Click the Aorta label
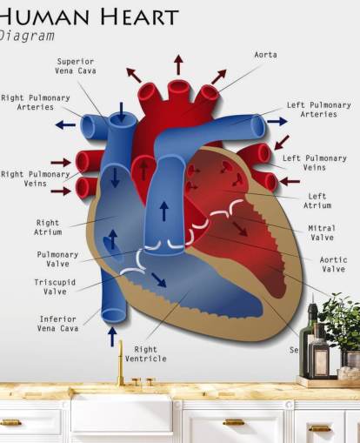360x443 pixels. pos(265,55)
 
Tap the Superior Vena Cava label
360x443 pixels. pos(76,66)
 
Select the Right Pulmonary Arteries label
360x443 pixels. pos(35,103)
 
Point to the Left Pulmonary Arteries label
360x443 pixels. pos(318,109)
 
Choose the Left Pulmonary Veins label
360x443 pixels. pos(314,163)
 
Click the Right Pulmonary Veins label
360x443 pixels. pos(35,178)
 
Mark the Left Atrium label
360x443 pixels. pos(317,201)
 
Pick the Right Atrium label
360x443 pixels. pos(48,227)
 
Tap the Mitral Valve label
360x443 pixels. pos(322,232)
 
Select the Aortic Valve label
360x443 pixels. pos(333,265)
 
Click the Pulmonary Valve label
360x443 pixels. pos(57,259)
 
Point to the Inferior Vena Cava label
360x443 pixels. pos(57,324)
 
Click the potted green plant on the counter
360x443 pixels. pos(341,320)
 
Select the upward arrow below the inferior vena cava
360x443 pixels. pos(112,336)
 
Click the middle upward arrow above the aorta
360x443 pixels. pos(178,64)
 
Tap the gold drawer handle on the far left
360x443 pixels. pos(10,423)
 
